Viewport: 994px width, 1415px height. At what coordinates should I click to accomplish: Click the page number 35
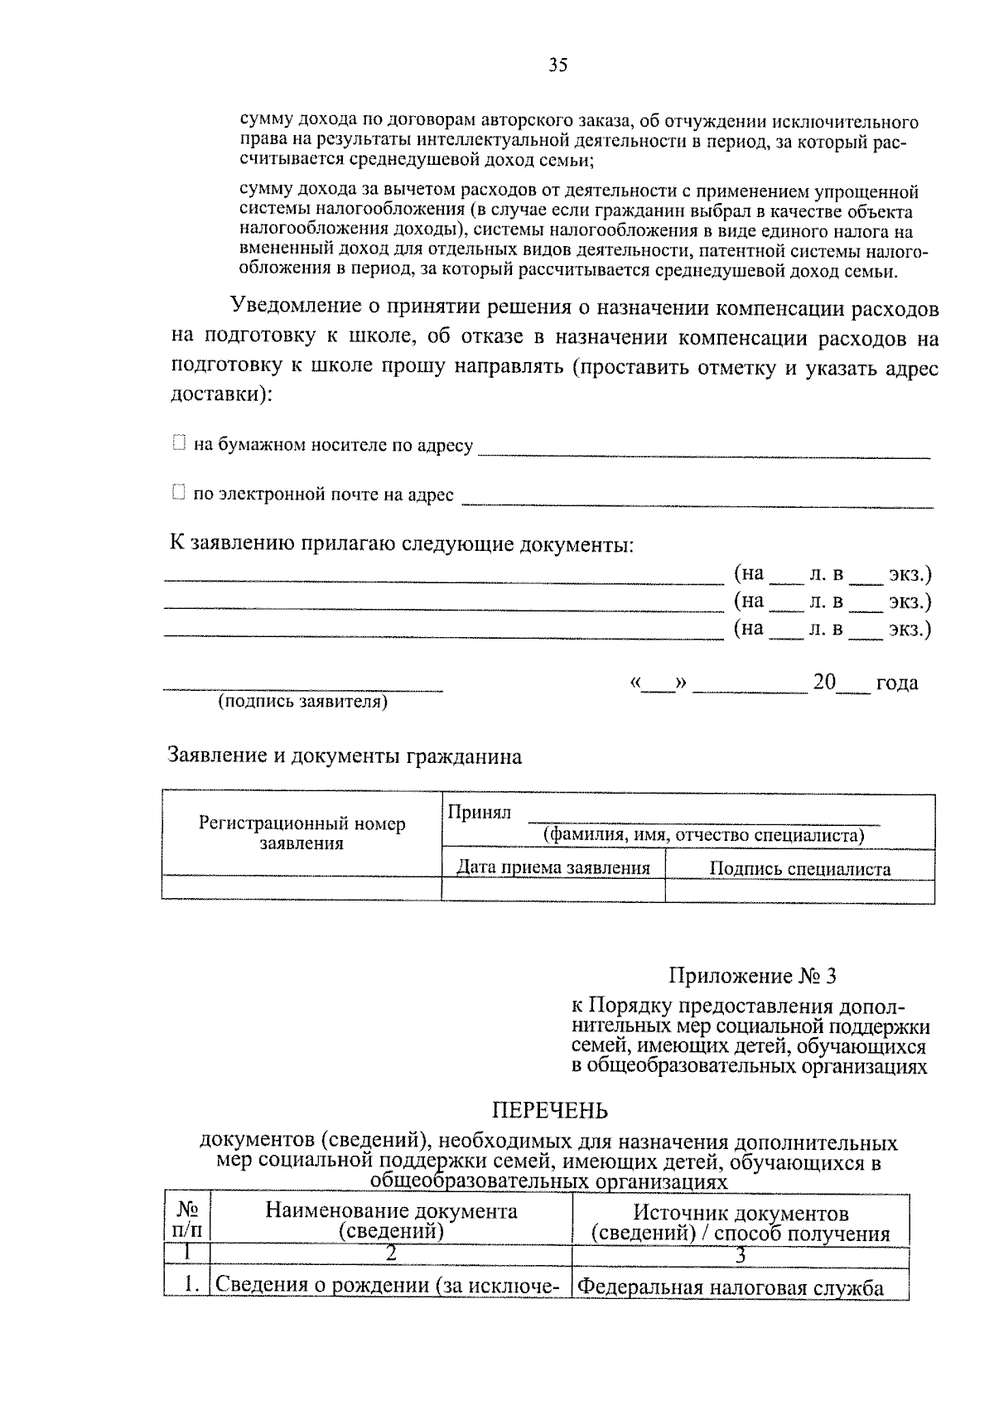[557, 66]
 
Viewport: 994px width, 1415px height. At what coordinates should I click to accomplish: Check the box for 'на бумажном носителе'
[178, 444]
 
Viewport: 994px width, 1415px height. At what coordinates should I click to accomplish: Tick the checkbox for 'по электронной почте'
[178, 493]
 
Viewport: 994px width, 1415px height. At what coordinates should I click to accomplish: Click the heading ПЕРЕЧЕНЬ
[550, 1110]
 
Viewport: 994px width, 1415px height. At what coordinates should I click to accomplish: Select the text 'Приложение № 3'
[752, 976]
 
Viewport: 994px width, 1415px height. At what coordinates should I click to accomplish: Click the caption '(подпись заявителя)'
[302, 703]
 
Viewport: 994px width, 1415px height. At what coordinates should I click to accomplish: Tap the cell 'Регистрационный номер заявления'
[302, 833]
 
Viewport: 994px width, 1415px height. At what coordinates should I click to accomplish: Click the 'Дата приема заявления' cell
[553, 867]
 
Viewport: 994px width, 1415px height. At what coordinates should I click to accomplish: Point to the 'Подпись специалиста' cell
[799, 868]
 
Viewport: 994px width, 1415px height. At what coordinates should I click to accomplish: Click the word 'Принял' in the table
[480, 813]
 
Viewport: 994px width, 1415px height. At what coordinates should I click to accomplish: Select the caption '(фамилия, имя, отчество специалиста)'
[703, 835]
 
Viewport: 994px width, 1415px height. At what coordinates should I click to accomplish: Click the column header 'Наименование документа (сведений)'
[391, 1221]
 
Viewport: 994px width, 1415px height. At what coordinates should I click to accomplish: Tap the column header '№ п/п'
[187, 1221]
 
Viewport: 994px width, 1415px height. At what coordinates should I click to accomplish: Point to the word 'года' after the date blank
[897, 683]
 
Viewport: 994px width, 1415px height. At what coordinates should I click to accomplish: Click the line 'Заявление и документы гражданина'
[345, 756]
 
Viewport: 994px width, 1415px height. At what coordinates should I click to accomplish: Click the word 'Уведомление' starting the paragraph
[296, 307]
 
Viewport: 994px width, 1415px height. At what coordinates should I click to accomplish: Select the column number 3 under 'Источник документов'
[741, 1255]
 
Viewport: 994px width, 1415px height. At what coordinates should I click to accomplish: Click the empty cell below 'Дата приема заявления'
[553, 891]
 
